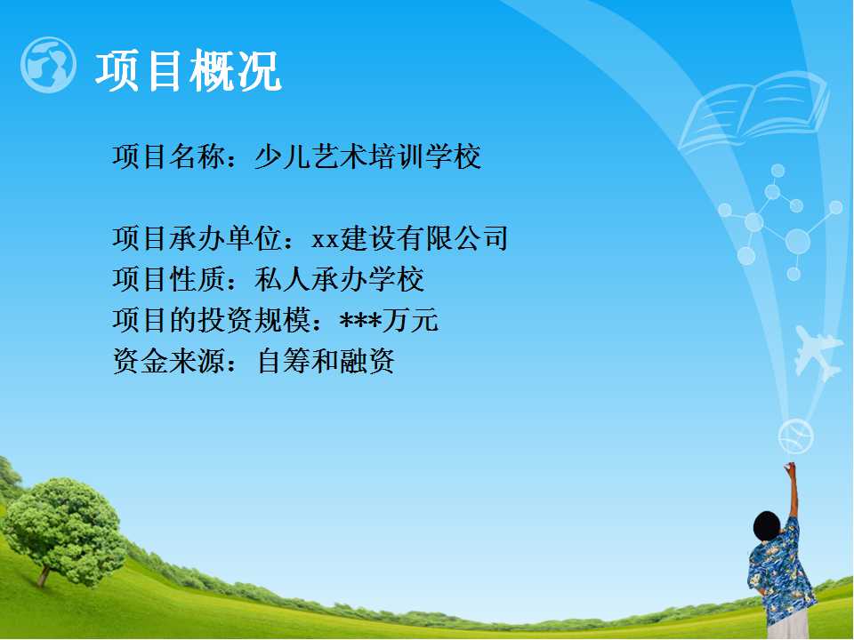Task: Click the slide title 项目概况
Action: (189, 70)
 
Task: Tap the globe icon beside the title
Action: (48, 65)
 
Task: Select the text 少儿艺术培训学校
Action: (367, 156)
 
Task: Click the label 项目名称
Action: (169, 156)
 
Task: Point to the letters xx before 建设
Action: (326, 239)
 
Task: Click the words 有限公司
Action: (452, 238)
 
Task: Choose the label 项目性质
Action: (169, 279)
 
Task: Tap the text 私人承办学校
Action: (339, 279)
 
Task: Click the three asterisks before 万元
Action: (360, 321)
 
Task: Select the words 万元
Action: (410, 320)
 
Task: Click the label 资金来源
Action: (169, 361)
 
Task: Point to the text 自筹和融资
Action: (326, 361)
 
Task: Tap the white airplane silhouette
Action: (817, 352)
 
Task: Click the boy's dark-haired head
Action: (767, 525)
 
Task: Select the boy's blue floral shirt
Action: (782, 574)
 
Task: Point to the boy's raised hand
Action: (789, 468)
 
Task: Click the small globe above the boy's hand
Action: (795, 436)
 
